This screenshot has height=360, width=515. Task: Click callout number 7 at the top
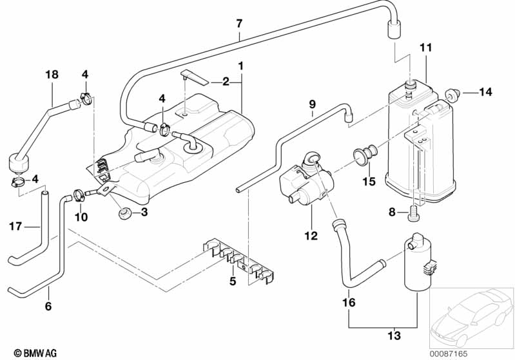[x=239, y=24]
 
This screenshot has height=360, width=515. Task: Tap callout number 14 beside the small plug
[x=485, y=92]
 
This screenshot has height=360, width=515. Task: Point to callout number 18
[x=52, y=75]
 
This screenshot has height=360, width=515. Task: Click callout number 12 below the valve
[x=311, y=236]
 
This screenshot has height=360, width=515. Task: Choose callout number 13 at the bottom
[x=394, y=336]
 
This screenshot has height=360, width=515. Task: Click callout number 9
[x=312, y=104]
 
